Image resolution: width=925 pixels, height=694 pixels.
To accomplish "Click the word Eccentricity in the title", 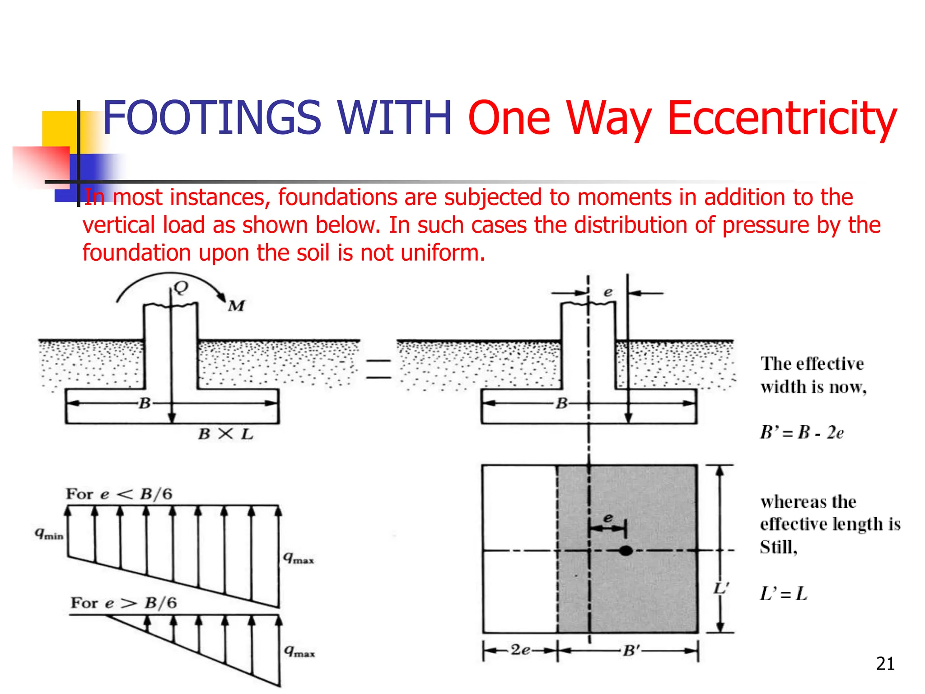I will pos(781,118).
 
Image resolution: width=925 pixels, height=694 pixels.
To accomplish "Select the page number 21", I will pos(885,664).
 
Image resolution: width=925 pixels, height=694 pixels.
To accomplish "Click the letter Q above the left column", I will pos(181,287).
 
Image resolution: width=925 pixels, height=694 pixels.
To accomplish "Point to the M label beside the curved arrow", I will pos(236,306).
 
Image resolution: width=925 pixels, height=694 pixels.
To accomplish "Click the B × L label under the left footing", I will pos(226,434).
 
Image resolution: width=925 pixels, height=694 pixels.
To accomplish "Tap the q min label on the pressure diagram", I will pos(49,534).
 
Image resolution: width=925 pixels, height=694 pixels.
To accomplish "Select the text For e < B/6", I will pos(119,494).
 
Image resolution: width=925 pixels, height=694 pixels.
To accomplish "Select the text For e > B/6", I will pos(123,603).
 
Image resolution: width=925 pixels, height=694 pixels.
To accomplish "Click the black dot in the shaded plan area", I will pos(626,551).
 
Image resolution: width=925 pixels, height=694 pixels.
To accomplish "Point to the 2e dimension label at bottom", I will pos(520,650).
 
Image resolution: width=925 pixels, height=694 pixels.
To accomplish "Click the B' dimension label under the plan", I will pos(631,651).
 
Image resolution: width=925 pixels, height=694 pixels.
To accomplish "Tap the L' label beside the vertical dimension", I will pos(721,588).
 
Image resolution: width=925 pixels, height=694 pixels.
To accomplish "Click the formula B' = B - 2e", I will pos(802,432).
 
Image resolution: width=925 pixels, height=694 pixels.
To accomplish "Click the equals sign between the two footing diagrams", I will pos(378,369).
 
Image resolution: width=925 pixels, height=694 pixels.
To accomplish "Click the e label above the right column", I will pos(608,292).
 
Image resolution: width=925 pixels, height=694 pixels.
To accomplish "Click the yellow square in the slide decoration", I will pos(59,129).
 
